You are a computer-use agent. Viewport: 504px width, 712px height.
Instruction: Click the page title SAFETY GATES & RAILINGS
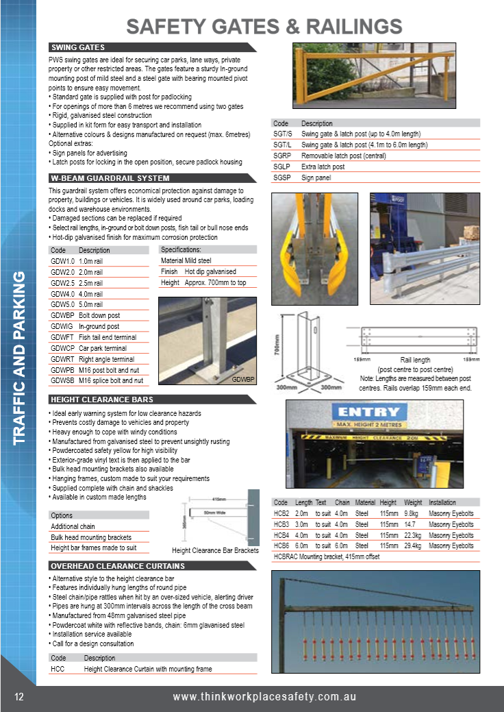pos(264,26)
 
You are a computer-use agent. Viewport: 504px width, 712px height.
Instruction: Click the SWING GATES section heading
pos(78,47)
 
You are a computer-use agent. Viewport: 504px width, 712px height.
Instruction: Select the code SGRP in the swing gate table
pos(283,156)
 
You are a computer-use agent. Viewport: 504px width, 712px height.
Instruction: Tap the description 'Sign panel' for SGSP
pos(316,177)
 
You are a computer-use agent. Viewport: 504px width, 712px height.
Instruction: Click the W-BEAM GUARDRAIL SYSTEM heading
pos(110,178)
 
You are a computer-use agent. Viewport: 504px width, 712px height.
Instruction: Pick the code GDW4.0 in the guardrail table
pos(62,293)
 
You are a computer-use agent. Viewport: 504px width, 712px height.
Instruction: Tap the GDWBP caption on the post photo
pos(243,379)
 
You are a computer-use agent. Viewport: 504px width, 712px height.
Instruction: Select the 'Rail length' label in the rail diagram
pos(415,360)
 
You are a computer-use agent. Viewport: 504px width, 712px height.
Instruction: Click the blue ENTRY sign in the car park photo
pos(368,412)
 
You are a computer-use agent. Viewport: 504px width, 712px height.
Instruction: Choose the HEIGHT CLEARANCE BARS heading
pos(102,400)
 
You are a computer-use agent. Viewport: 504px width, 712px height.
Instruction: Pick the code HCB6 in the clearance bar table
pos(281,545)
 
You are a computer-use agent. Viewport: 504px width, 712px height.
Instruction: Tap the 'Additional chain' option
pos(73,526)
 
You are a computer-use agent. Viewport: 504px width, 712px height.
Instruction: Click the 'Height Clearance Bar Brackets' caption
pos(215,550)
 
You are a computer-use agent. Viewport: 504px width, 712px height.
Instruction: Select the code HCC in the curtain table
pos(58,669)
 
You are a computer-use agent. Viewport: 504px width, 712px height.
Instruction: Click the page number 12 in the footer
pos(19,697)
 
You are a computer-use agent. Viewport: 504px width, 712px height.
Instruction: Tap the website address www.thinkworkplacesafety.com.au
pos(264,697)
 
